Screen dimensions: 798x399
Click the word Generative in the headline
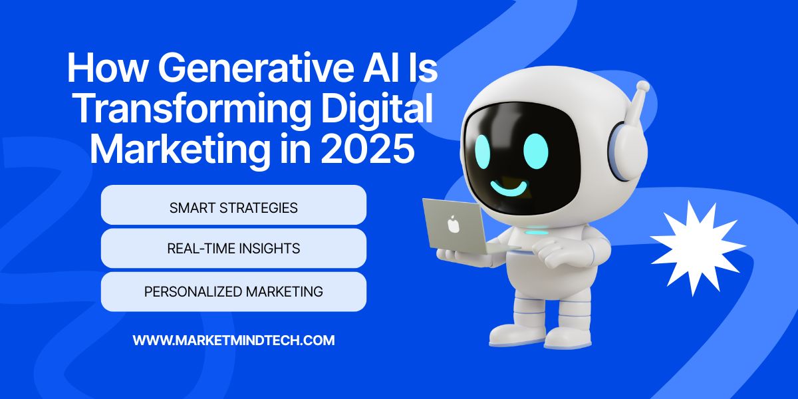pos(252,67)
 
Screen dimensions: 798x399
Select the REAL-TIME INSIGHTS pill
pos(233,248)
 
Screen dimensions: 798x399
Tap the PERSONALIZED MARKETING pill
pos(233,292)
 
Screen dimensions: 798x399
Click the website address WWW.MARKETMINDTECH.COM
pos(233,340)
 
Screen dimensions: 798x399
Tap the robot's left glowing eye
pos(483,152)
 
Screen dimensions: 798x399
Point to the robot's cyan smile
pos(509,188)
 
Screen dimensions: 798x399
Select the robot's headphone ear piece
pos(628,150)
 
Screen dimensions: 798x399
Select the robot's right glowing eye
pos(536,151)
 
